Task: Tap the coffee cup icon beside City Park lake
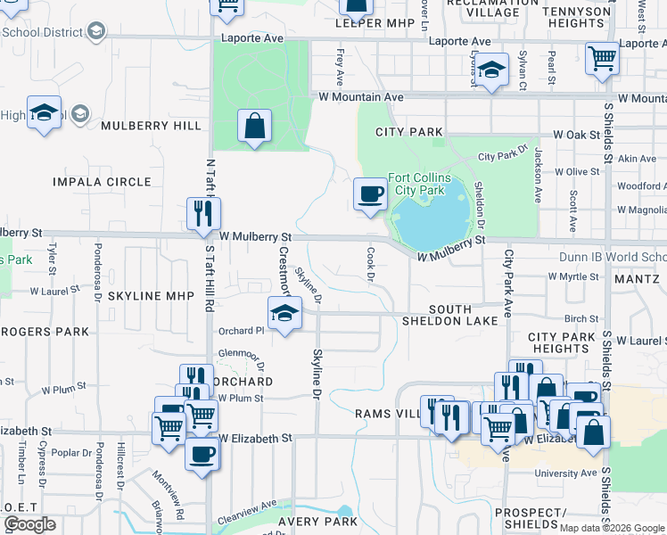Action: [x=370, y=193]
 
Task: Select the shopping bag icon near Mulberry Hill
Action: [x=254, y=126]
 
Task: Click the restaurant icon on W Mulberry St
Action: [x=202, y=214]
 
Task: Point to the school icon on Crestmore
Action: [x=284, y=314]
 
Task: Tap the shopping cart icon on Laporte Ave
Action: [x=603, y=59]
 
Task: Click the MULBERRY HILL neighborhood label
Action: [x=151, y=126]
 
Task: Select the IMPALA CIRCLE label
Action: [x=102, y=182]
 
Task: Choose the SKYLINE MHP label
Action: [x=145, y=295]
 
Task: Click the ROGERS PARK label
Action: [x=45, y=332]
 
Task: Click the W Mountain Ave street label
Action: [x=357, y=96]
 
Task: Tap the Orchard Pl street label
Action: [x=241, y=331]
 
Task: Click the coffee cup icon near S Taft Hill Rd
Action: [x=201, y=455]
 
